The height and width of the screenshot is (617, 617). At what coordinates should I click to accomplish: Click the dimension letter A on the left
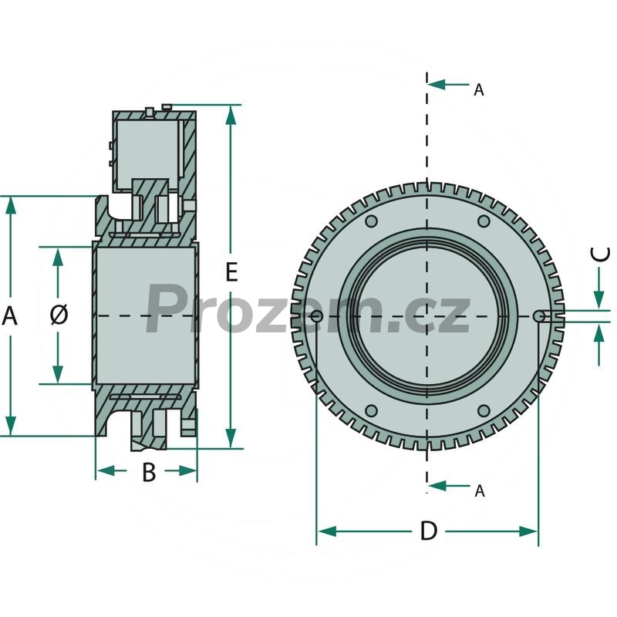click(9, 315)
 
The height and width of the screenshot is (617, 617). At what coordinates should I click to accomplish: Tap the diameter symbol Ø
click(59, 315)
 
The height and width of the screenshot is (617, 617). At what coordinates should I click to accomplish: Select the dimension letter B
click(149, 473)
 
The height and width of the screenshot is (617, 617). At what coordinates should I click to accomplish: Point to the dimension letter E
click(231, 272)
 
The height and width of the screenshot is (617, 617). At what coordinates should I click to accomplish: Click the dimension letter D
click(428, 531)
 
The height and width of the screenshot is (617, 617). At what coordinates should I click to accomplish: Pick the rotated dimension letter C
click(601, 255)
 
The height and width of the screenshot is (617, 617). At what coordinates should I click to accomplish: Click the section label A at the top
click(479, 90)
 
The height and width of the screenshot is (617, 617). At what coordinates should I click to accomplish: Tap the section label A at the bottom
click(480, 491)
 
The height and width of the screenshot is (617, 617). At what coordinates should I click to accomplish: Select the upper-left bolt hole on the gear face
click(371, 221)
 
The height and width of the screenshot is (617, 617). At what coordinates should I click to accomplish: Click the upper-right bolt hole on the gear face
click(484, 221)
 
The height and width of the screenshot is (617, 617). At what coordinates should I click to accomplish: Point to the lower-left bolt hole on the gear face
click(371, 410)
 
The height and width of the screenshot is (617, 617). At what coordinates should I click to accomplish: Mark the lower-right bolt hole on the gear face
click(484, 410)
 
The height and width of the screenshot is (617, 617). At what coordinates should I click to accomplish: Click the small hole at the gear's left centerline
click(315, 315)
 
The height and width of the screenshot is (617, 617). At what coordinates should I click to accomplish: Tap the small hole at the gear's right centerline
click(539, 315)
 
